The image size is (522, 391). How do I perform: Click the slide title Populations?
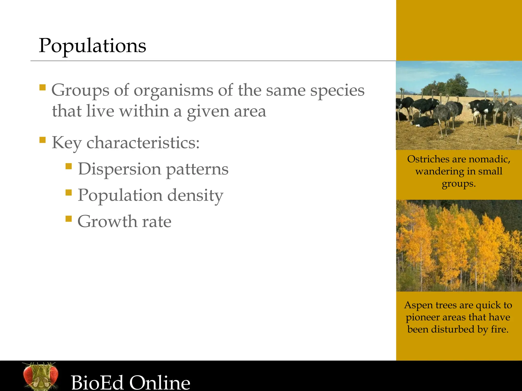[92, 46]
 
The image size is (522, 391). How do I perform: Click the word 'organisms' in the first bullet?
[173, 91]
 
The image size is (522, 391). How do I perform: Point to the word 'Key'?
[67, 143]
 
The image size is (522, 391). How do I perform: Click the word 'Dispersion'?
[120, 169]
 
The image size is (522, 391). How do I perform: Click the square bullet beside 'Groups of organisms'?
[43, 88]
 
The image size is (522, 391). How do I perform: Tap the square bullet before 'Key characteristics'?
[43, 140]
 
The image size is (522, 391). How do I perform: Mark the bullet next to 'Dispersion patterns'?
[69, 166]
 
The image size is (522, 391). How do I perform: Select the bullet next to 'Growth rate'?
[69, 219]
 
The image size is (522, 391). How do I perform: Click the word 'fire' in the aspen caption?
[500, 329]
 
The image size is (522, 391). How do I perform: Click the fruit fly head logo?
[40, 376]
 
